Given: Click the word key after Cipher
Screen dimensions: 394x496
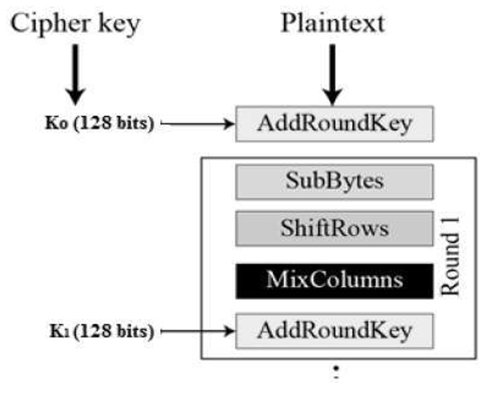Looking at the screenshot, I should click(117, 25).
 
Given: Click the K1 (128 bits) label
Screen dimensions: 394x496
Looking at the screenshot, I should click(100, 331).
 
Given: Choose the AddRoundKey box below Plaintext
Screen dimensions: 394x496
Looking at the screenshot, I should click(334, 124).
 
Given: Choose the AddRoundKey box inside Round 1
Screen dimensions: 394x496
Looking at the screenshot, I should click(334, 331).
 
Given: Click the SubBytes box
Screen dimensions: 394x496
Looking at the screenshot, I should click(334, 182).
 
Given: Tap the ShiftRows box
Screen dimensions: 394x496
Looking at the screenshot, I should click(334, 228).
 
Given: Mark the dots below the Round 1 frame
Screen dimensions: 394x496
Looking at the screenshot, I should click(337, 372).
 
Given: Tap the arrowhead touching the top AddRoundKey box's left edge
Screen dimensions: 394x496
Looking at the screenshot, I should click(229, 124).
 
